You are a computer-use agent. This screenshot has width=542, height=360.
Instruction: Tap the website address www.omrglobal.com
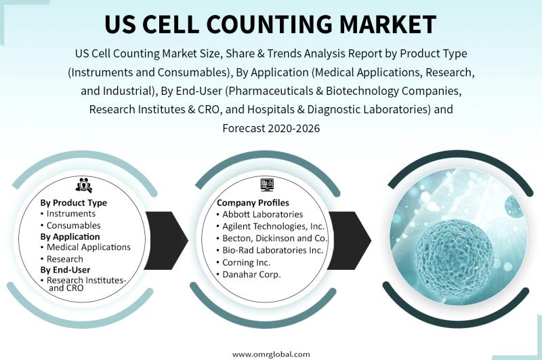click(271, 354)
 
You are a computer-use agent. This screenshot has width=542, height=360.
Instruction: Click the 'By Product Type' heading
click(74, 203)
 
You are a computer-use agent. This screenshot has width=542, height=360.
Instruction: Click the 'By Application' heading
click(70, 237)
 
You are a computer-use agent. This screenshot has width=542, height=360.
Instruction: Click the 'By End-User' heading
click(65, 270)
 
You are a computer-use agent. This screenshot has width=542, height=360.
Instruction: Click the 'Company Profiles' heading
click(253, 203)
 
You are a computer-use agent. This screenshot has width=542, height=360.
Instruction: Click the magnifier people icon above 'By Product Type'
click(83, 185)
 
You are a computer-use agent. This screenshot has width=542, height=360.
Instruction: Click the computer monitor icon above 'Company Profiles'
click(267, 185)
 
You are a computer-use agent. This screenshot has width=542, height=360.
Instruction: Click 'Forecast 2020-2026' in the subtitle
click(272, 128)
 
